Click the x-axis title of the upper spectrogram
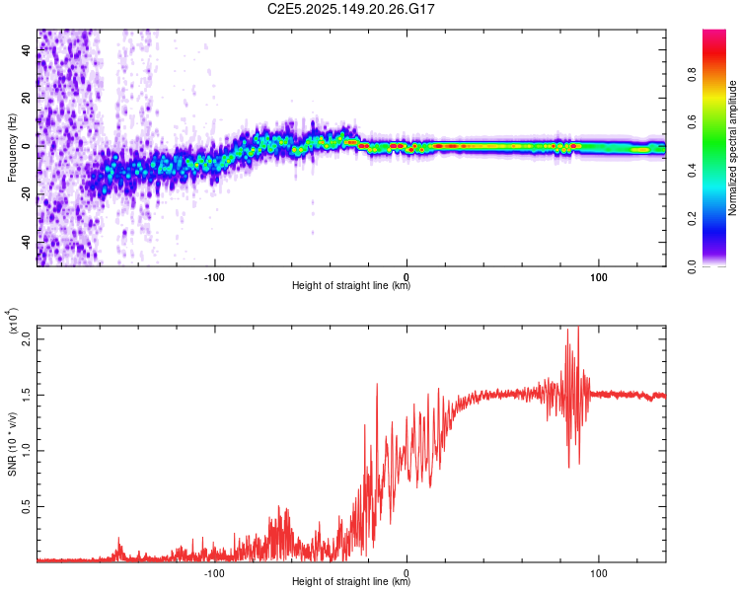(x=351, y=286)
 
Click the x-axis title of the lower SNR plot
(x=351, y=581)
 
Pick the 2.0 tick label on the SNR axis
(x=27, y=338)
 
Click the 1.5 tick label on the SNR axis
(x=27, y=394)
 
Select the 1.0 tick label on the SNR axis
(x=27, y=450)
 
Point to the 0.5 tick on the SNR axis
(x=27, y=506)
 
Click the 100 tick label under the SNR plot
(x=598, y=570)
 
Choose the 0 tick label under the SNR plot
(x=407, y=570)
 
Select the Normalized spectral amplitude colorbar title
(x=733, y=148)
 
